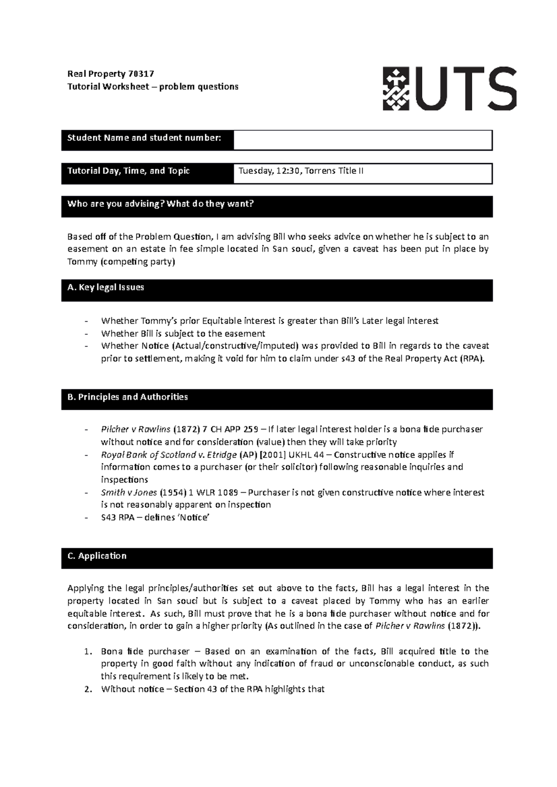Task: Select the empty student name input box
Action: point(362,140)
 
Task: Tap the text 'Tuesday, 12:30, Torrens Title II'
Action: point(301,171)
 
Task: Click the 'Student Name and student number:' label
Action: point(144,138)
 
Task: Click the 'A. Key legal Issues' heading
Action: point(106,287)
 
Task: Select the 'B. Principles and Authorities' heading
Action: point(128,397)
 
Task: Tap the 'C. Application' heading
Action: point(97,556)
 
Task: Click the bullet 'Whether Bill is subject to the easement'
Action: point(183,334)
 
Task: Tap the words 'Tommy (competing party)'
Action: point(121,262)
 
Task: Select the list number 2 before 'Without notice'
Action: point(88,689)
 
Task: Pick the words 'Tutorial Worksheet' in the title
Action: point(108,87)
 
